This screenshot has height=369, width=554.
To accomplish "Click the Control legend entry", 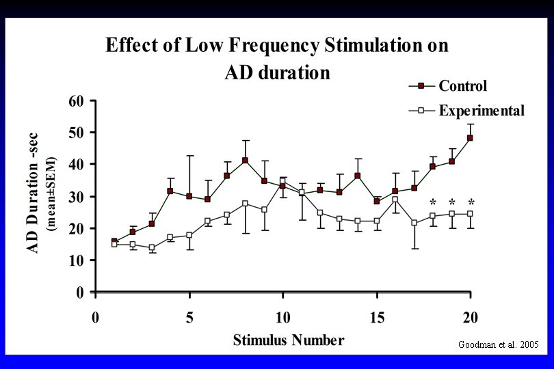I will [462, 86].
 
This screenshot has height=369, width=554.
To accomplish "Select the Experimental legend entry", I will [481, 111].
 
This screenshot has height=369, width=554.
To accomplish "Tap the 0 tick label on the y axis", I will [80, 292].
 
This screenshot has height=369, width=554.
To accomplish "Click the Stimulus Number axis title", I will [288, 340].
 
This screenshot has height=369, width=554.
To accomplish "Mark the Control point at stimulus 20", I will [471, 138].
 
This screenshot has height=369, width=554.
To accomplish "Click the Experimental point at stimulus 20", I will [471, 214].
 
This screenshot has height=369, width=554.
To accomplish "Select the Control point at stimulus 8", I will [245, 161].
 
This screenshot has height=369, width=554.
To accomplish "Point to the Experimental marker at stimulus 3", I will [151, 247].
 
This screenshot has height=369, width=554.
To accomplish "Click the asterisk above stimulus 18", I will [433, 202].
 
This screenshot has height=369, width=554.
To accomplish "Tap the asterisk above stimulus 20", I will [471, 202].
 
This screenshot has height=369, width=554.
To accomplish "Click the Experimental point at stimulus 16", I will [395, 200].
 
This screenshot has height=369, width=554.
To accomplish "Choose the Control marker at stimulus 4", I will [170, 191].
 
